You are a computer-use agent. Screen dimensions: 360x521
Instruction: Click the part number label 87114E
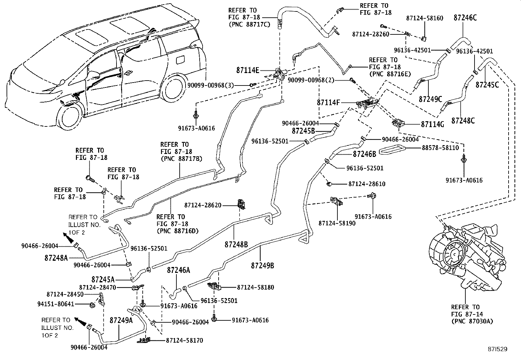pos(247,70)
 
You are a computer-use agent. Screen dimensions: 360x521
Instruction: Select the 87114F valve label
pos(328,103)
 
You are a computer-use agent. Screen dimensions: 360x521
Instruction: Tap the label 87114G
pos(432,124)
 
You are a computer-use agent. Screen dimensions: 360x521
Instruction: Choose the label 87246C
pos(465,18)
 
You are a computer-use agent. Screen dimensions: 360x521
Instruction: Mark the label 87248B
pos(236,244)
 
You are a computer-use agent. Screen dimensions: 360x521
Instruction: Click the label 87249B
pos(262,266)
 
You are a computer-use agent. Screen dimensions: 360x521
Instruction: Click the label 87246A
pos(178,270)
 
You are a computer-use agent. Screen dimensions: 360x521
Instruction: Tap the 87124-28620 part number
pos(203,205)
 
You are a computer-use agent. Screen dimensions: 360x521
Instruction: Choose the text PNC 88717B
pos(181,159)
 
